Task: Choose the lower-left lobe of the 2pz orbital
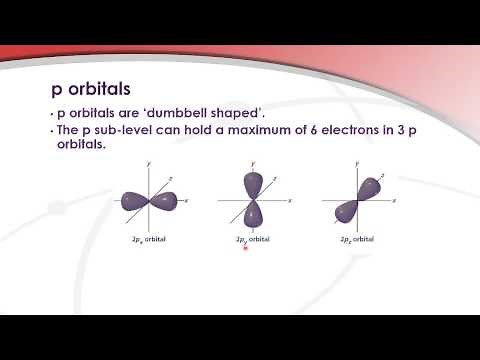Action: (x=347, y=211)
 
